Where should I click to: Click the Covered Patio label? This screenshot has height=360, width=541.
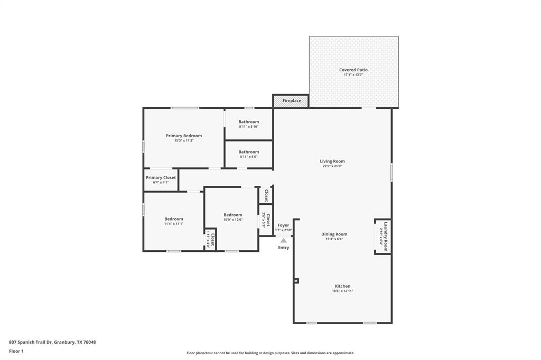[353, 70]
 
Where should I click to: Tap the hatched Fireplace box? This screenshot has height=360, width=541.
[291, 101]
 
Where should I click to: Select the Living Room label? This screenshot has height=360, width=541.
[332, 161]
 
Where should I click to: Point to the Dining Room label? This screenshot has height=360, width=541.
[334, 234]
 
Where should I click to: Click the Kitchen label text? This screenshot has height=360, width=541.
[342, 286]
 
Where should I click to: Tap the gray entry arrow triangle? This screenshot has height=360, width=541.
[283, 240]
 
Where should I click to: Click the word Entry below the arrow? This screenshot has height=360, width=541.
[284, 248]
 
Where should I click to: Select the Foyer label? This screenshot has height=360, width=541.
[283, 225]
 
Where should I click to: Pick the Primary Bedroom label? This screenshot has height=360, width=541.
[184, 136]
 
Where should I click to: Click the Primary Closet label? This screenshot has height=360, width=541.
[161, 177]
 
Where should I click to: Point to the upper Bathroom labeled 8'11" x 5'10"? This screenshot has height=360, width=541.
[249, 122]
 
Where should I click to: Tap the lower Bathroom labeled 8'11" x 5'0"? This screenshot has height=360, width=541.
[249, 152]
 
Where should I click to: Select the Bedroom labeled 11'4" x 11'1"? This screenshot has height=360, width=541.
[173, 219]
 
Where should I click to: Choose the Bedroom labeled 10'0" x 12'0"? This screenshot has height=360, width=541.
[232, 215]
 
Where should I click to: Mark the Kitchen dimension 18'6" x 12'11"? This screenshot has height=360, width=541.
[342, 291]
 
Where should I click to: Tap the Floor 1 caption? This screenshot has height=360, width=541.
[16, 351]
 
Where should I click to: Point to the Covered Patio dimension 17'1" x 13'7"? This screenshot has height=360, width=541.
[353, 75]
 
